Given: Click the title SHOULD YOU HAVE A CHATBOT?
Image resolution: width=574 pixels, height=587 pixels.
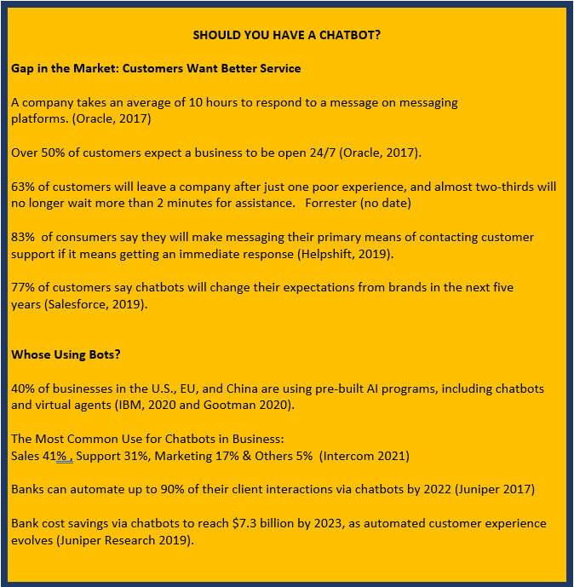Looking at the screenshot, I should (x=286, y=35).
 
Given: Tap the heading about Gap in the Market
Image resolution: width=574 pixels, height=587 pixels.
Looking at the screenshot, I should (x=156, y=67).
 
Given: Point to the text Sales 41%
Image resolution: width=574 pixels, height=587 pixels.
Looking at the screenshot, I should (x=40, y=456).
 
